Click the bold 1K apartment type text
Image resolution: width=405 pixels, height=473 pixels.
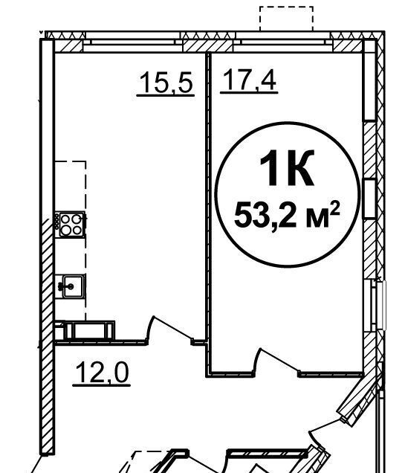287,168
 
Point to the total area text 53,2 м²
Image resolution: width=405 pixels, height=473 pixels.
287,215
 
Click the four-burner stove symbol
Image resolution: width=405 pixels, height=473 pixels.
71,225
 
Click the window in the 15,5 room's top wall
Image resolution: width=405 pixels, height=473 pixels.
132,43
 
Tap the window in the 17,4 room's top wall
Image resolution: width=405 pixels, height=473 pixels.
282,43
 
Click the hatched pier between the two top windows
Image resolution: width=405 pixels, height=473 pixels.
208,46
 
